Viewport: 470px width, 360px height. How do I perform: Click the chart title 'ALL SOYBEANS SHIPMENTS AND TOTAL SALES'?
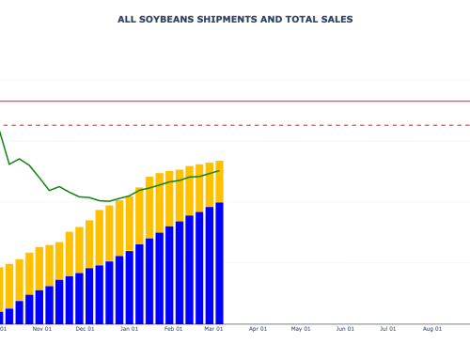coord(235,19)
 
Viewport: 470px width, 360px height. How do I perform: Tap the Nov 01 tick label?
coord(41,330)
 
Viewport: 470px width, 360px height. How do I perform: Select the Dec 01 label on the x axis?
coord(86,330)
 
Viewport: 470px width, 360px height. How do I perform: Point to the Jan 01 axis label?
coord(130,330)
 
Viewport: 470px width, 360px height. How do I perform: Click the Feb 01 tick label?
coord(174,330)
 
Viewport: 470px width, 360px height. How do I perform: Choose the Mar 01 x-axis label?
coord(214,330)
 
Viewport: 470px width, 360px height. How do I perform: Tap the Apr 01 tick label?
coord(258,330)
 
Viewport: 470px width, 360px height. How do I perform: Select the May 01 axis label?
coord(301,330)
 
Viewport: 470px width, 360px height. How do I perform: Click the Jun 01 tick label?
coord(345,330)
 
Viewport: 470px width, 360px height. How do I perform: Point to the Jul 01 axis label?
coord(387,330)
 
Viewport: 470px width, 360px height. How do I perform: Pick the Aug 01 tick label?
coord(431,330)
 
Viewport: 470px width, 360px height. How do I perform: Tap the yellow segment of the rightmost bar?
coord(219,181)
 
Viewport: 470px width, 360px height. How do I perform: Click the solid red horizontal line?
coord(282,101)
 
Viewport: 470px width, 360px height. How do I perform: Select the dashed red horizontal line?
coord(282,125)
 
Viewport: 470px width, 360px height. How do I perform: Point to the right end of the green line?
coord(219,170)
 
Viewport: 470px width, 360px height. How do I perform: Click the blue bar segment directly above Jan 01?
coord(130,288)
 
